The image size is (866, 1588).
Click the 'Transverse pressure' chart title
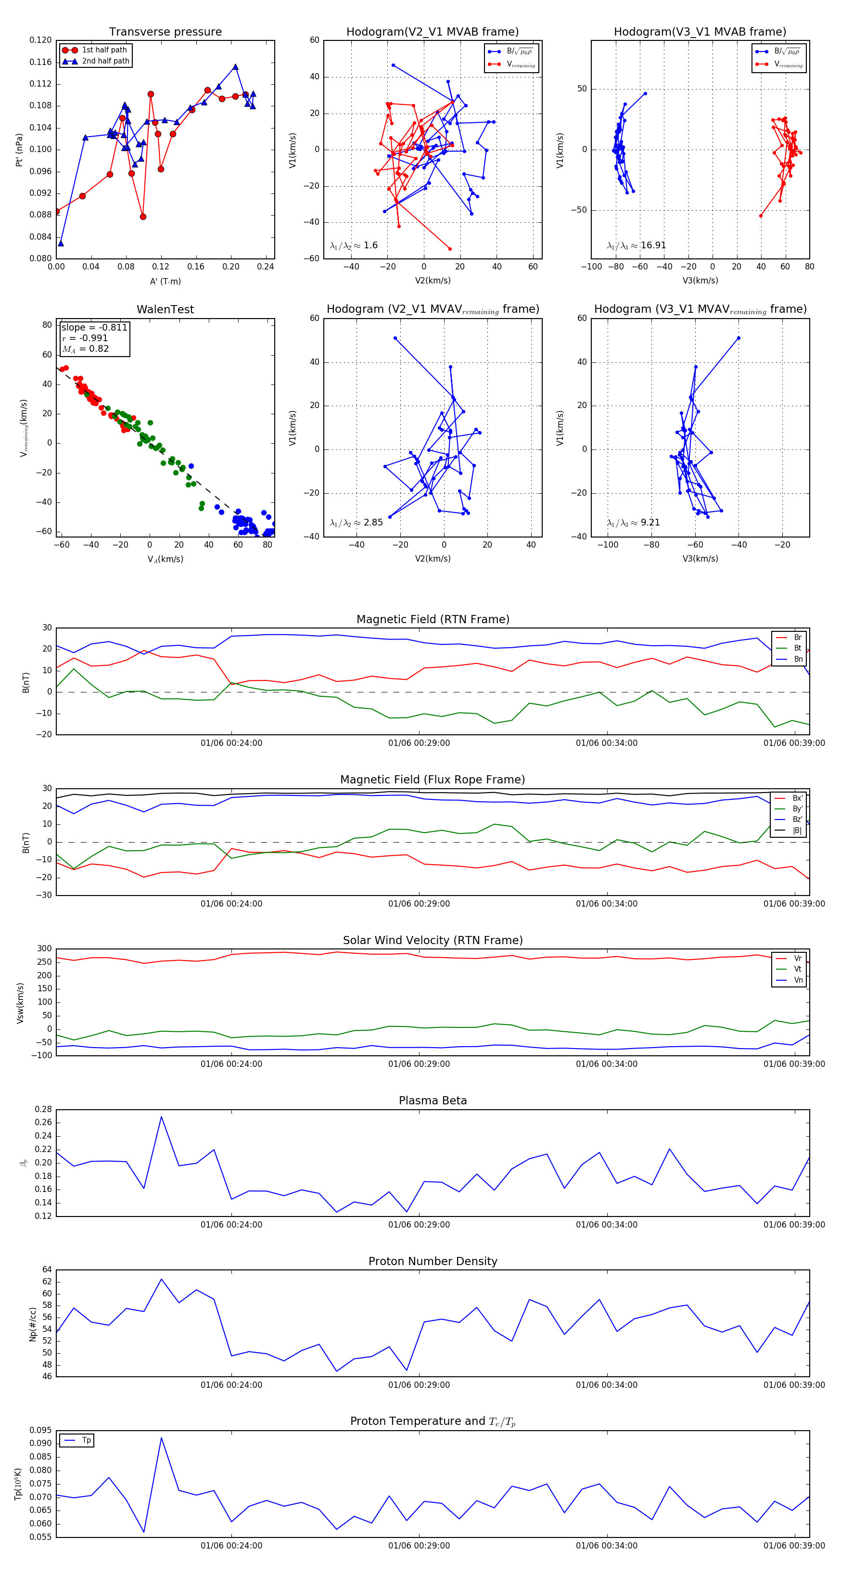(x=165, y=32)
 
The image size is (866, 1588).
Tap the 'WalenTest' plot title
(x=165, y=309)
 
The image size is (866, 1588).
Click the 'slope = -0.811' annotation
(x=94, y=327)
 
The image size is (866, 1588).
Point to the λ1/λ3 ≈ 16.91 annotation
(x=636, y=245)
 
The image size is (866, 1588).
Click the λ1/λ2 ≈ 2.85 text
(x=356, y=523)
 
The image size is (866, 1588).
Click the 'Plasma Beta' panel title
(x=433, y=1101)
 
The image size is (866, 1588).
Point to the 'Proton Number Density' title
(x=433, y=1261)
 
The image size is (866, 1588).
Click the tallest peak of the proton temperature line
(x=162, y=1437)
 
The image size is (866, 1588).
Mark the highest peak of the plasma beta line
(x=162, y=1116)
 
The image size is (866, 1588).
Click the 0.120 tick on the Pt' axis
(x=41, y=40)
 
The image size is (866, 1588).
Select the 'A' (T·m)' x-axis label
(x=165, y=281)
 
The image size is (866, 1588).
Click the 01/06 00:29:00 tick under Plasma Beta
(x=419, y=1224)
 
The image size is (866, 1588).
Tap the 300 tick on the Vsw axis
(x=44, y=949)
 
